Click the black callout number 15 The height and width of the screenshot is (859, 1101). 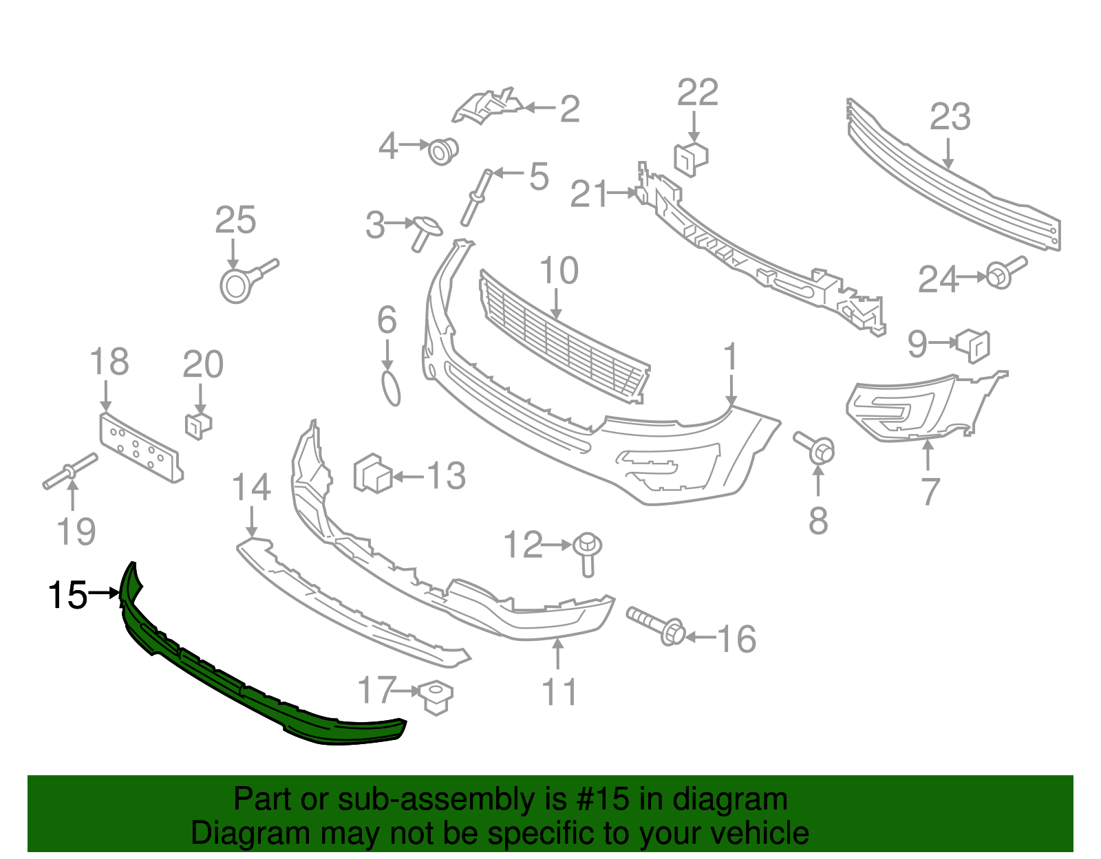67,595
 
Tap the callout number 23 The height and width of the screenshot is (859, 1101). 950,117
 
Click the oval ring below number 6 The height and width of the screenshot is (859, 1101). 391,389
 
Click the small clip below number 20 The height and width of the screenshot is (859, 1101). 198,425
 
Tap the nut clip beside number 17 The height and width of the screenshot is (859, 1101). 436,696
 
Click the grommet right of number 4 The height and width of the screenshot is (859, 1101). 442,151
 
